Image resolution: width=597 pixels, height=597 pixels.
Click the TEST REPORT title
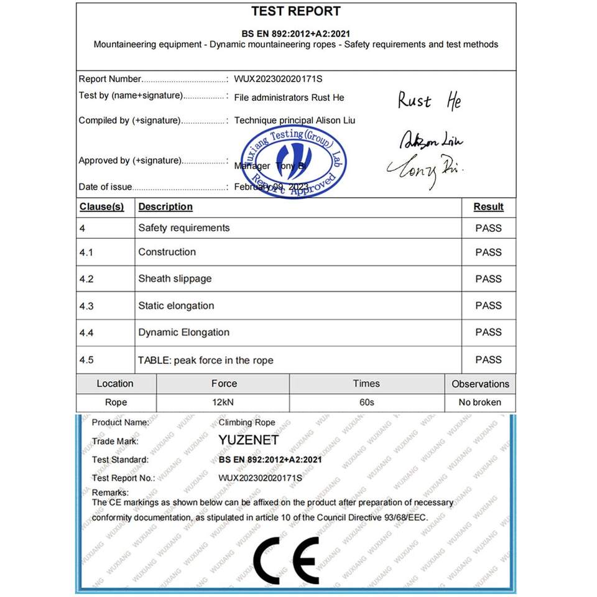(x=296, y=11)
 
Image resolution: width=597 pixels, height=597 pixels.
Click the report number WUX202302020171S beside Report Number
(x=279, y=79)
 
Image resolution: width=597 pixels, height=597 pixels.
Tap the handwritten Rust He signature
(x=430, y=101)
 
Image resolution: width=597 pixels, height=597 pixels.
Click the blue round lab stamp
(x=293, y=160)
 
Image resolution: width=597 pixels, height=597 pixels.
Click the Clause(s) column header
(x=101, y=206)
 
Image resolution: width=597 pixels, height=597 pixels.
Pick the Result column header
(x=488, y=206)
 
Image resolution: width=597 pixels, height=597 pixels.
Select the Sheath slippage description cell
(x=175, y=279)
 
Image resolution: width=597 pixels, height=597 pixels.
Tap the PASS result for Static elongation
(x=488, y=305)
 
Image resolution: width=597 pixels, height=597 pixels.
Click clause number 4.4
(x=86, y=333)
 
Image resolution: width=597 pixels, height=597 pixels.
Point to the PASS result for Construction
(x=488, y=252)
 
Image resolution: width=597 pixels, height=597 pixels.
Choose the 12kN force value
(x=223, y=402)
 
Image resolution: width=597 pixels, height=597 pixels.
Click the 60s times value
(x=367, y=402)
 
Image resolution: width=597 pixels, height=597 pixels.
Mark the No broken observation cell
(x=479, y=402)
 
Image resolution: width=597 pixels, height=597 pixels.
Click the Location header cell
(x=115, y=384)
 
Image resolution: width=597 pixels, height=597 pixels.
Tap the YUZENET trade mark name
(x=249, y=440)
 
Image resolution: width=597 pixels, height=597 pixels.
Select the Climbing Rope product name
(x=247, y=422)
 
